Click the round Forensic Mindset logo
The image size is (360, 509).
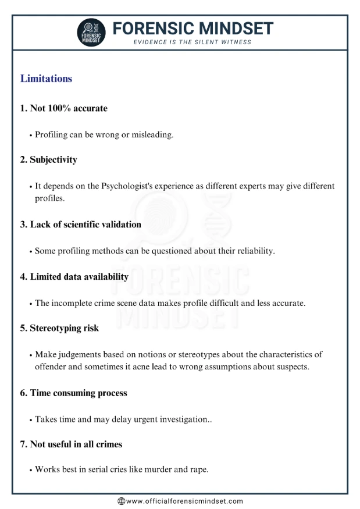coord(92,33)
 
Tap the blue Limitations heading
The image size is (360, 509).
coord(46,79)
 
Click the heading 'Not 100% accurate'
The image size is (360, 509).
coord(64,108)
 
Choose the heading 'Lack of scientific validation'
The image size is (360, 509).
coord(81,224)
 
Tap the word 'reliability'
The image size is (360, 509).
coord(252,251)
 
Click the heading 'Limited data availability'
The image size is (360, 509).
coord(74,276)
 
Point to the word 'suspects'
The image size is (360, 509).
coord(292,366)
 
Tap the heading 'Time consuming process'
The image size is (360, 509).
coord(73,393)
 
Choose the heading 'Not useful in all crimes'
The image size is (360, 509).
coord(71,444)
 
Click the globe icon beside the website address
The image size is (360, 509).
coord(122,501)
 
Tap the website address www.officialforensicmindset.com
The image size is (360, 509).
coord(184,501)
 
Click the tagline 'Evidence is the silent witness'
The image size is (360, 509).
coord(193,42)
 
